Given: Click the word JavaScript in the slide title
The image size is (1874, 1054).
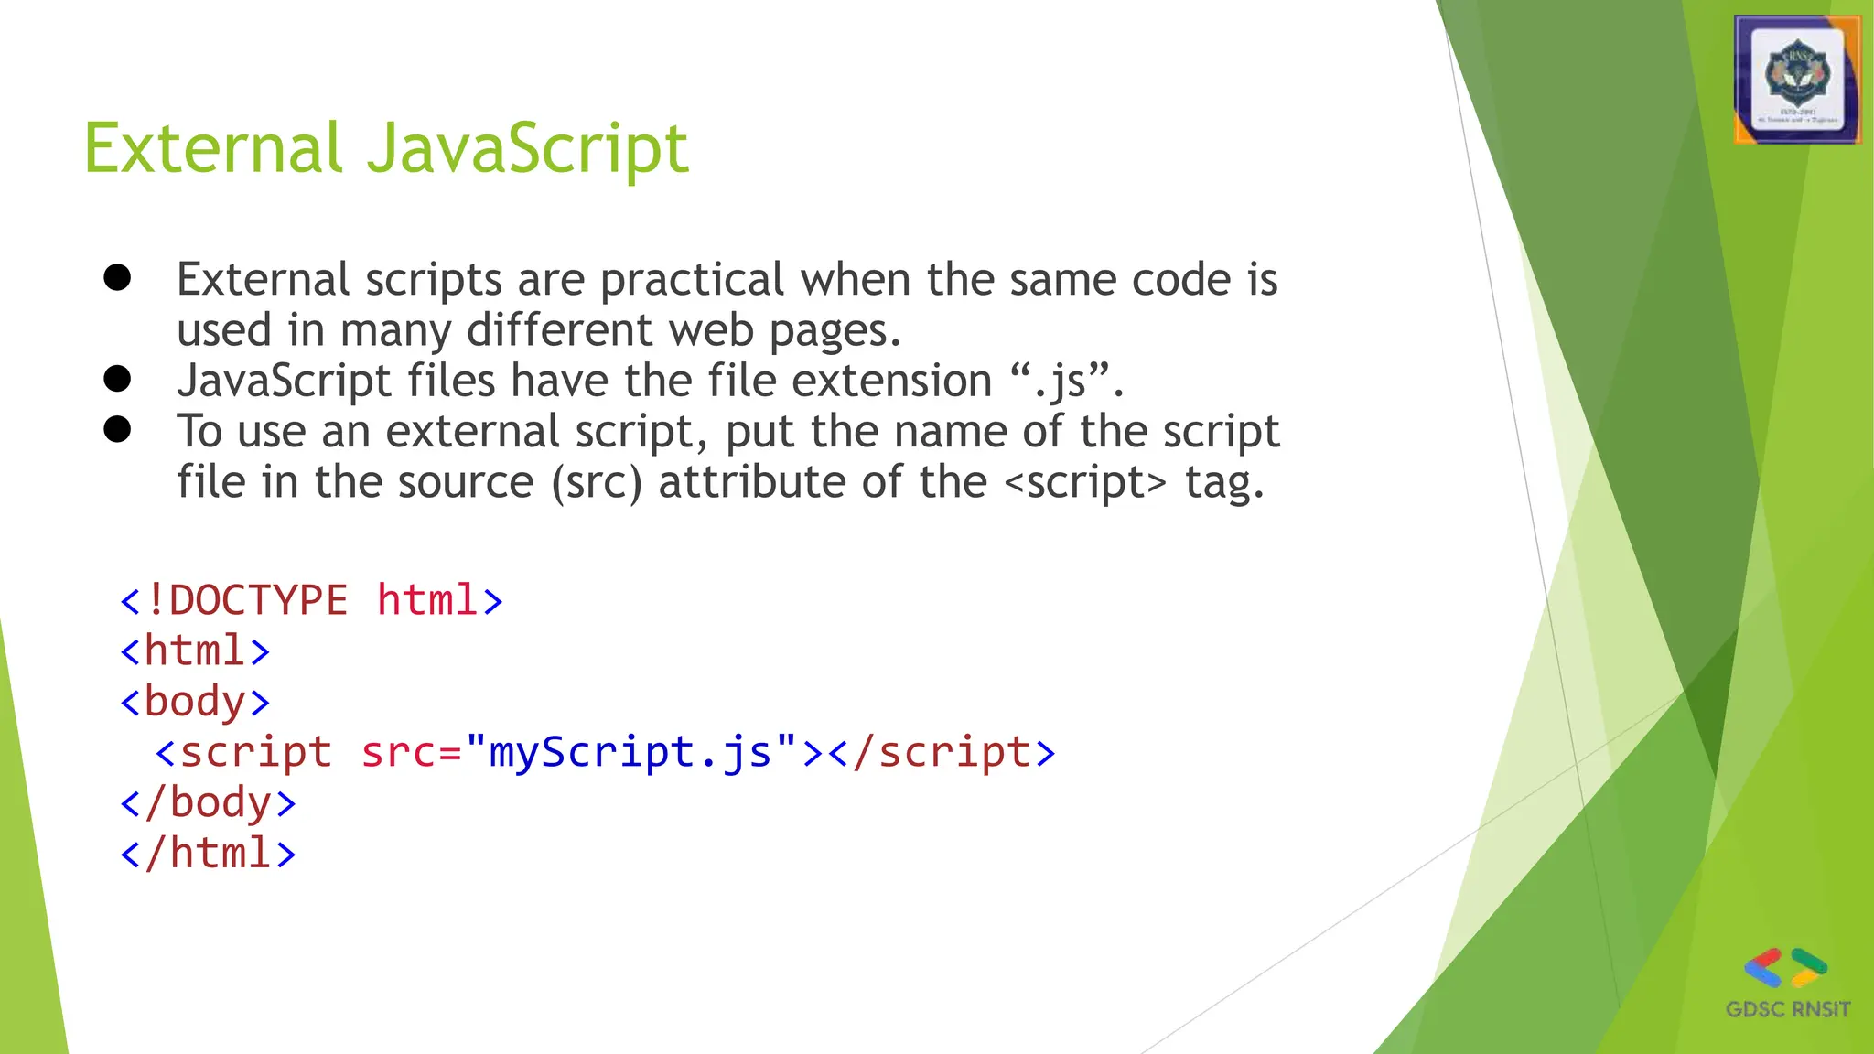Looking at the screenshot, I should (528, 149).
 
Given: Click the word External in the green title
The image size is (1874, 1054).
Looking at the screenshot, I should (213, 149).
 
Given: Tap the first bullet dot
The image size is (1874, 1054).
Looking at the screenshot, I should (117, 277).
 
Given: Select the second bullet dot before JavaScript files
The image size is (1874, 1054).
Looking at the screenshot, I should (117, 378).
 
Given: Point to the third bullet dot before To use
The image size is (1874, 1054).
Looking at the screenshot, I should (117, 428).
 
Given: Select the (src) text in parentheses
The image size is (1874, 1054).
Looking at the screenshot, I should (597, 482).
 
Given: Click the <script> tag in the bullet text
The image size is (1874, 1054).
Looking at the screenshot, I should (1085, 482).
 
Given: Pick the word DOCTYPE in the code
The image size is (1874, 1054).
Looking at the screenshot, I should (258, 601).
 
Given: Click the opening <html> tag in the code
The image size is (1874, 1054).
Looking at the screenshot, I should (195, 651).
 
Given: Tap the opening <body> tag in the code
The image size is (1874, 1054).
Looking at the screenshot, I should (195, 702).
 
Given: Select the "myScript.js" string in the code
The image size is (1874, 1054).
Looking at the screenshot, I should (631, 752).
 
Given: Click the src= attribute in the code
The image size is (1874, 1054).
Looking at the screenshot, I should (411, 752).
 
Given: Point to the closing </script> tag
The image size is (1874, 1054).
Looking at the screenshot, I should (942, 752).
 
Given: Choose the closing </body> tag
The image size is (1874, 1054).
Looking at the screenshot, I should (208, 802).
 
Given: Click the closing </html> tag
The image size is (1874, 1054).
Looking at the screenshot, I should (208, 853).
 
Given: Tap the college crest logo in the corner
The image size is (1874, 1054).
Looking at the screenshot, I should (1797, 80).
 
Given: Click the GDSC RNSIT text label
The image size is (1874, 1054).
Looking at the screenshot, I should (1787, 1009).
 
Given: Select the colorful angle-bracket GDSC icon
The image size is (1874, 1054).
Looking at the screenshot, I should (1785, 967).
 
